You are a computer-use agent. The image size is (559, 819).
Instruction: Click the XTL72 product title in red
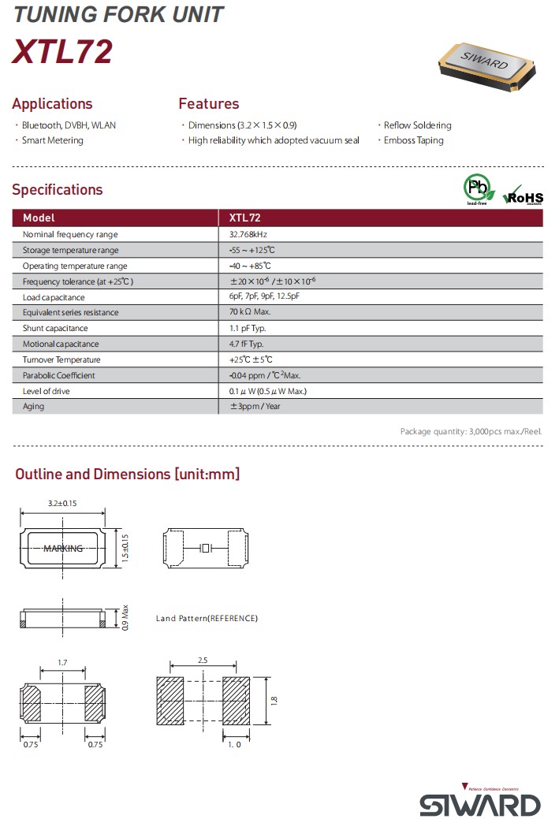click(62, 52)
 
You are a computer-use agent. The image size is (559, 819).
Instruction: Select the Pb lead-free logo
click(478, 190)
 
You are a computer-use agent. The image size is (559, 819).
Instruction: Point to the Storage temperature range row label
click(71, 250)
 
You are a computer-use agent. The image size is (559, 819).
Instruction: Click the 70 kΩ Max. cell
click(250, 312)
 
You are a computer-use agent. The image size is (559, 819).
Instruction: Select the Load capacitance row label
click(54, 297)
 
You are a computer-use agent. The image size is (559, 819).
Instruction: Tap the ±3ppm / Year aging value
click(255, 407)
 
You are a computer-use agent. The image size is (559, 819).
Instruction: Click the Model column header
click(39, 218)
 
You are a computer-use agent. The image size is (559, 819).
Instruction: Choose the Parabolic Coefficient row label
click(59, 375)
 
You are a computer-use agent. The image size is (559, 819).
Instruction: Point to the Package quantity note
click(471, 431)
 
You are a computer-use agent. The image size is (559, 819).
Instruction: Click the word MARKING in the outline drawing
click(63, 549)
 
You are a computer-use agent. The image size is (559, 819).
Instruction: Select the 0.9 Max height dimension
click(125, 616)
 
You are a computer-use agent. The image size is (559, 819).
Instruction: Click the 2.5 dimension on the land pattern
click(203, 659)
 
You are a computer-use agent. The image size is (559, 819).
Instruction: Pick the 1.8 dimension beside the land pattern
click(274, 699)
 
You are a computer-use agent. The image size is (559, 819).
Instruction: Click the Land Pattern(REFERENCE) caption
click(207, 618)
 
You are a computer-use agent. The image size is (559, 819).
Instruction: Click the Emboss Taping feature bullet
click(413, 140)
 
